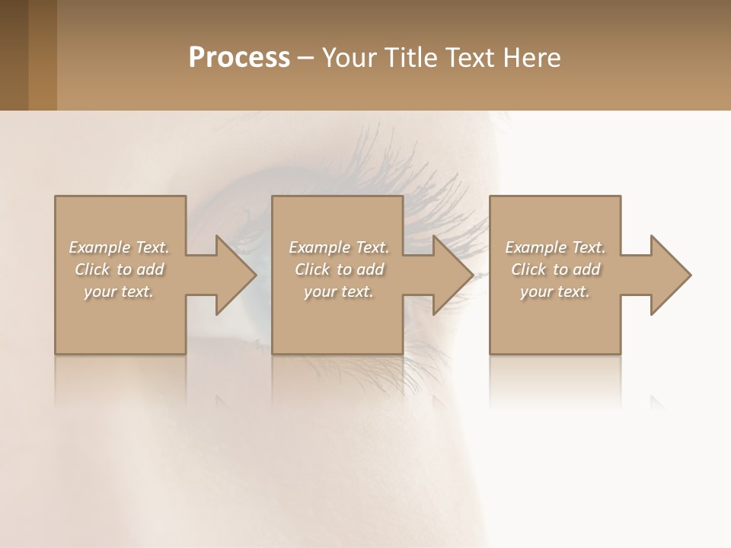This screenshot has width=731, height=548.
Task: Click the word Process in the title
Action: tap(239, 58)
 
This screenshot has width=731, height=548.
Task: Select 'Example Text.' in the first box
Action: tap(119, 247)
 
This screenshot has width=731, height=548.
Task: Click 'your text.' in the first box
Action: tap(119, 292)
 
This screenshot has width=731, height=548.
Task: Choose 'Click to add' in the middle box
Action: tap(339, 269)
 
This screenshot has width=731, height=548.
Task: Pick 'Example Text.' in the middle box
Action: tap(339, 247)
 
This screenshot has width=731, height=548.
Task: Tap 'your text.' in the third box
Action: tap(555, 292)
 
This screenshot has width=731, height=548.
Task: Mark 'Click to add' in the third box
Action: tap(555, 269)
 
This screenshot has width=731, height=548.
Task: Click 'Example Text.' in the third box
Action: tap(555, 247)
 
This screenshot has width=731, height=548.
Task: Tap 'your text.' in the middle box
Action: tap(339, 292)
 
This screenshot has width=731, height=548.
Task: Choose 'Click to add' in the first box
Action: tap(119, 269)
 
